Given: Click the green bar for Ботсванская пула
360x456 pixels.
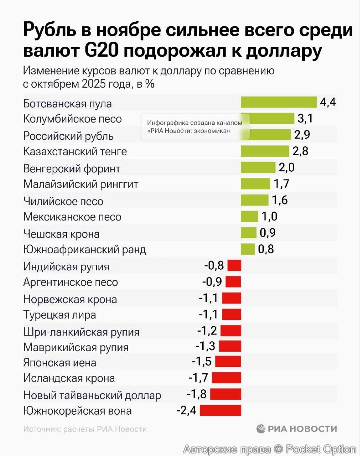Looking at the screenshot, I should click(x=278, y=102).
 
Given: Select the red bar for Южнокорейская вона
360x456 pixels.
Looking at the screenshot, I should click(x=220, y=410).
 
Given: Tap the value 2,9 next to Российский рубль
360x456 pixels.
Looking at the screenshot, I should click(x=302, y=135).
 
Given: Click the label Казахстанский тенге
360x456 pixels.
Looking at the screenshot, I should click(x=75, y=151).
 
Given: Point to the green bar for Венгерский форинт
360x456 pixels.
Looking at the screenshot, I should click(x=258, y=167).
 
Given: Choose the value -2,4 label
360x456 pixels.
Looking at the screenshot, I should click(x=186, y=410).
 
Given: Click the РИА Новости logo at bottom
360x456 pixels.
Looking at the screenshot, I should click(x=296, y=429).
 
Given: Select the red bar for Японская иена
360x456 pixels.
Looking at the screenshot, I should click(x=228, y=361).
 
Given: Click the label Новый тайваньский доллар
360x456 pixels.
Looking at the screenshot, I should click(x=92, y=395).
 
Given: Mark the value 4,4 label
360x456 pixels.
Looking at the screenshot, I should click(x=328, y=102).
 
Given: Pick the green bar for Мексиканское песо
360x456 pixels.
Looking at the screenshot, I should click(x=249, y=216).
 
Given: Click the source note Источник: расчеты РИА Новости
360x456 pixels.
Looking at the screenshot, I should click(x=85, y=429).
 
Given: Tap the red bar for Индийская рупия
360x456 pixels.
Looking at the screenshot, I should click(x=234, y=265).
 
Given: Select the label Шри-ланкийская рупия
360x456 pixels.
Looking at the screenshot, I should click(x=81, y=332).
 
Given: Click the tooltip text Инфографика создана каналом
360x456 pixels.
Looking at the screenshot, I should click(x=194, y=123).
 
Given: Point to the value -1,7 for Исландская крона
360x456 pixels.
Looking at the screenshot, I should click(x=198, y=377).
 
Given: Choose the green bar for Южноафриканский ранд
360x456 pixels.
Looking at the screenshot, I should click(x=247, y=249).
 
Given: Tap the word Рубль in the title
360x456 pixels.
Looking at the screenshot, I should click(x=50, y=30).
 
